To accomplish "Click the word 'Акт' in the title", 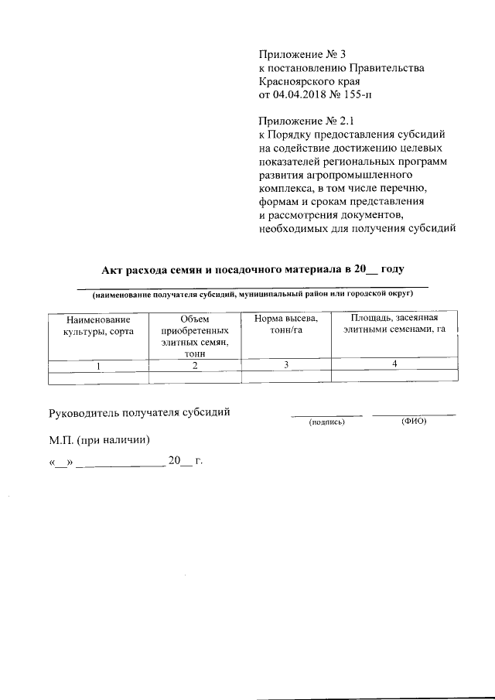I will (x=114, y=269).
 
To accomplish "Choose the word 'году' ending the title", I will (x=391, y=269).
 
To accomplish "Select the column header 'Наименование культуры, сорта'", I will (x=97, y=325).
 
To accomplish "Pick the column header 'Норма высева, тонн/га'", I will (x=285, y=325).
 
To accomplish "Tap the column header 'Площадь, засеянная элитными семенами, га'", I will (x=394, y=325).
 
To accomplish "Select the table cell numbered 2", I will (x=195, y=366).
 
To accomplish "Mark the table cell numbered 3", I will (x=285, y=366).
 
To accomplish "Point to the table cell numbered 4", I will (x=394, y=365).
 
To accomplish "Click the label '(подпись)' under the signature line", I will (x=326, y=423).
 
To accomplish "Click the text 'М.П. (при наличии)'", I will (x=99, y=440).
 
